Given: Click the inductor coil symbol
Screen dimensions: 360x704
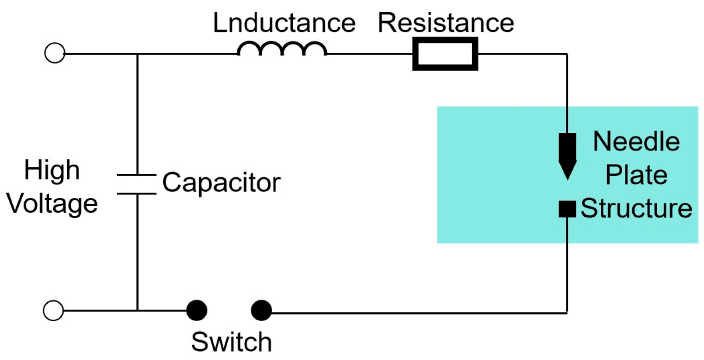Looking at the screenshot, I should coord(282,48).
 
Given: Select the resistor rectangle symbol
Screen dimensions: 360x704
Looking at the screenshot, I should coord(445,54).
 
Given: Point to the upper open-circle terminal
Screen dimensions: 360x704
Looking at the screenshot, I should coord(55,53).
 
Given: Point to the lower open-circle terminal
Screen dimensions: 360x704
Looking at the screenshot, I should coord(53,311).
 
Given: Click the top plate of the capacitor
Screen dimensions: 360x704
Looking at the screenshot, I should coord(137,175).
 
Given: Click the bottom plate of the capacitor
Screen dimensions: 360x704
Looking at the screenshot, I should coord(137,193).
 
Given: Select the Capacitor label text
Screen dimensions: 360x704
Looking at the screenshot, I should coord(221,183).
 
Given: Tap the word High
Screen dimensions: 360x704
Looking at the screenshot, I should coord(52,170).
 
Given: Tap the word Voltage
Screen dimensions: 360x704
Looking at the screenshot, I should coord(52,204).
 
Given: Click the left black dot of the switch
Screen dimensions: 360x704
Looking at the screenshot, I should coord(197,311).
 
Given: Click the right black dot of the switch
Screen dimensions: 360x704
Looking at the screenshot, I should coord(261,311).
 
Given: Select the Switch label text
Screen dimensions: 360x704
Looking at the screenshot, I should coord(231,342).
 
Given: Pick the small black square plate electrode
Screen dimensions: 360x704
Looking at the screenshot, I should coord(567,209).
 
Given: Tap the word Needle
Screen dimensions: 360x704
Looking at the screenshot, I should coord(636,142).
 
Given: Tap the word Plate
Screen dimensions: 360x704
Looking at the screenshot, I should coord(636,175).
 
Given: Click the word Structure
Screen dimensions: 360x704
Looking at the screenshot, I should coord(636,208).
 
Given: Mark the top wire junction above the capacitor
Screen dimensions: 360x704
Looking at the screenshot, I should coord(137,54).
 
